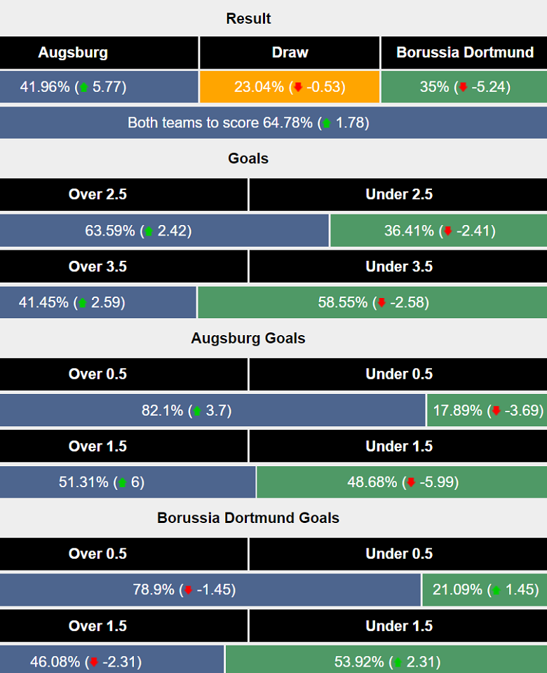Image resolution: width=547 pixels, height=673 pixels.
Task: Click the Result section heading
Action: (248, 18)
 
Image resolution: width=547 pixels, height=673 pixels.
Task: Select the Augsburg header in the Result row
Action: (73, 53)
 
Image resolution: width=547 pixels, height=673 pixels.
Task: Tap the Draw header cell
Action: (290, 53)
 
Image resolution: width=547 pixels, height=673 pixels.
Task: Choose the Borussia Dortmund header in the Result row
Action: (464, 53)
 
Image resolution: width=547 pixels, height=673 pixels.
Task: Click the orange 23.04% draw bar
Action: (290, 87)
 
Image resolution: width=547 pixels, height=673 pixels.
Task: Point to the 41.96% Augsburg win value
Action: (45, 87)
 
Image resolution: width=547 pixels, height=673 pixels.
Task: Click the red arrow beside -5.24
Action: (463, 88)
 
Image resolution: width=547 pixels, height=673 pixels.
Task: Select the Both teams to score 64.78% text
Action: (220, 123)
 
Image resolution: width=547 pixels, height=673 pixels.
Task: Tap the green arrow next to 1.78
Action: (326, 123)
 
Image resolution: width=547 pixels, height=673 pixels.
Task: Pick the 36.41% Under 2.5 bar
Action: (438, 230)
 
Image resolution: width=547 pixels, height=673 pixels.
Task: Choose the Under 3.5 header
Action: (398, 266)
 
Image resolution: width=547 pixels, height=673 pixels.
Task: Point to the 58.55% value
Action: (343, 303)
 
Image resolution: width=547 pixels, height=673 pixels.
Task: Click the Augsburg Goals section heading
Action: (248, 338)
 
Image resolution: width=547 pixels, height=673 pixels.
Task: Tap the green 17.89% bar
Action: (487, 410)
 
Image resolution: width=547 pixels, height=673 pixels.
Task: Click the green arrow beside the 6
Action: (123, 482)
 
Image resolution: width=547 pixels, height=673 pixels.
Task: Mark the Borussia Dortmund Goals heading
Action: (248, 518)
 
